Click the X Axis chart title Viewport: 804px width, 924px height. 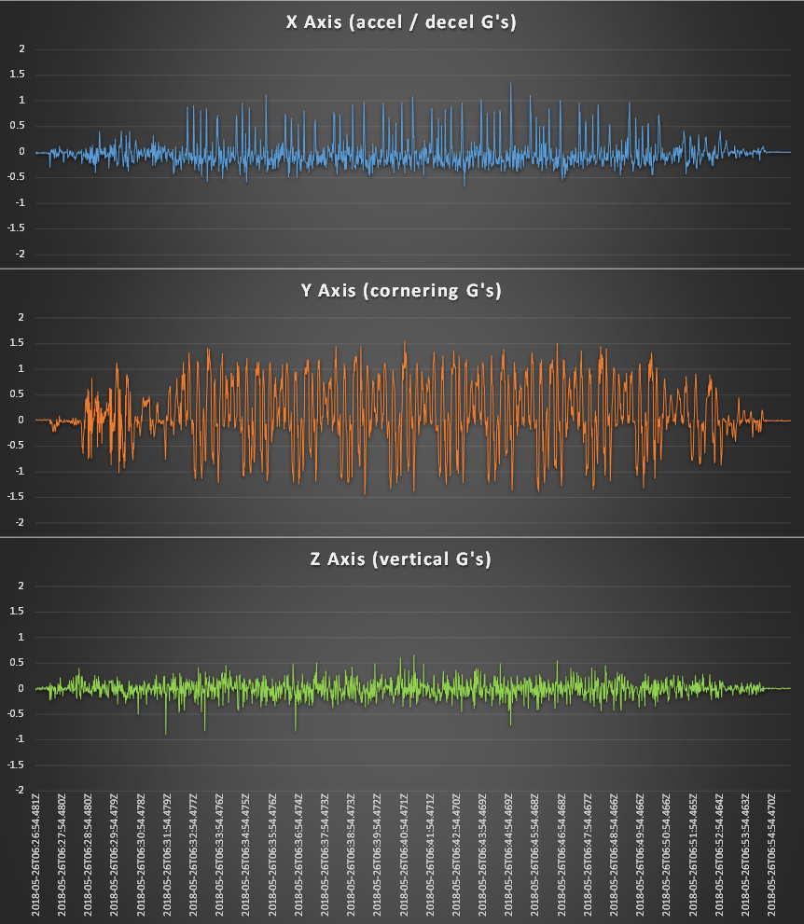401,22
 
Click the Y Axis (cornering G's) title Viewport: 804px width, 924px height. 401,291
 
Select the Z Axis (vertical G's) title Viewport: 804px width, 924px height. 401,559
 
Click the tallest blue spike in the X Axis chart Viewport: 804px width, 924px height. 510,84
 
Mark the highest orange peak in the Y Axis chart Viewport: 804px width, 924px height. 404,342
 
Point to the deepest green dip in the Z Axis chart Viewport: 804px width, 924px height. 166,733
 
